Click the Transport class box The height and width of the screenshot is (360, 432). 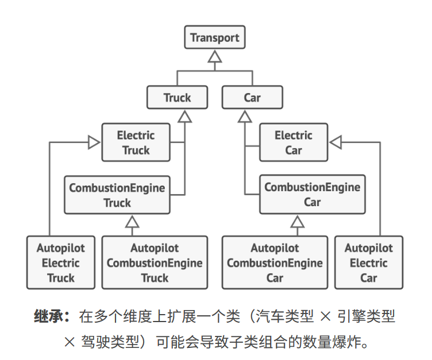coord(215,38)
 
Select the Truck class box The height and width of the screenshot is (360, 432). coord(177,98)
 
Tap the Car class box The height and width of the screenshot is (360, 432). coord(252,98)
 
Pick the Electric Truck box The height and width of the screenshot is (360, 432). coord(136,143)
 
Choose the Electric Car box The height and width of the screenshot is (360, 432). coord(293,143)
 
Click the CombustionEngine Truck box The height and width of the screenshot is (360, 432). coord(117,195)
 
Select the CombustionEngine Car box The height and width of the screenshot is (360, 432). coord(312,195)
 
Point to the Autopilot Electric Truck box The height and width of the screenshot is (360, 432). coord(60,262)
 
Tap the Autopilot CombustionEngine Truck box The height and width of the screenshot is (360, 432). coord(155,262)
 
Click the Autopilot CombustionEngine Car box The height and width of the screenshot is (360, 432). coord(275,262)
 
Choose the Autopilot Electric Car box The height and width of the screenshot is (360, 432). coord(368,262)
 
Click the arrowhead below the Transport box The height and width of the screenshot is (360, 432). coord(215,56)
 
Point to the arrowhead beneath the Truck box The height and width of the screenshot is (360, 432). coord(184,116)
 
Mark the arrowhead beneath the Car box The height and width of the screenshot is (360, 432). coord(245,116)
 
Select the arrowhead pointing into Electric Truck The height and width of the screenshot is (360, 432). coord(94,142)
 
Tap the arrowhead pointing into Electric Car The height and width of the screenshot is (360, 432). coord(336,142)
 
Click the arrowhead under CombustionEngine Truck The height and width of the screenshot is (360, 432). coord(133,221)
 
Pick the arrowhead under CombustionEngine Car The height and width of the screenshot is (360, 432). coord(297,221)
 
